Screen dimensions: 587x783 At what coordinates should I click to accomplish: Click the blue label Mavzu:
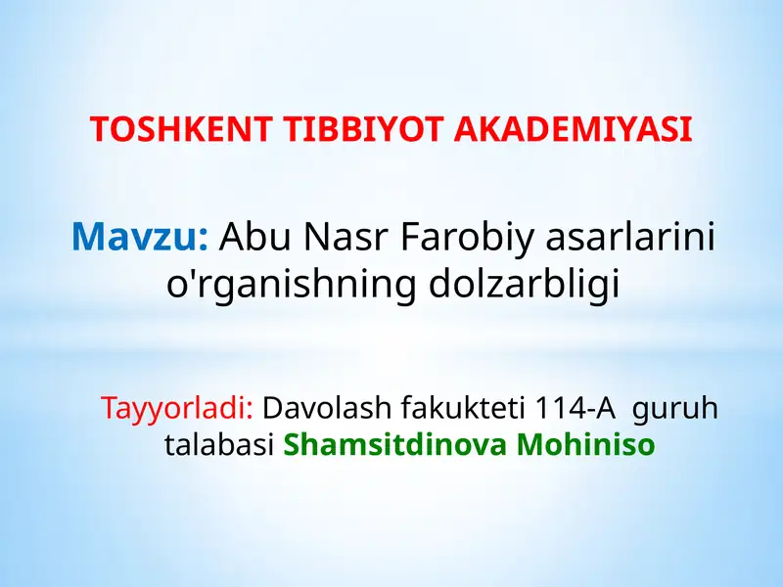(x=140, y=236)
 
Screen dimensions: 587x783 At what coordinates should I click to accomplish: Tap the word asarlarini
(x=630, y=236)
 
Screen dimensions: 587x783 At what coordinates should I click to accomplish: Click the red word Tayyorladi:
(x=177, y=407)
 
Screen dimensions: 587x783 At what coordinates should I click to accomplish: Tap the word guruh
(x=675, y=407)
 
